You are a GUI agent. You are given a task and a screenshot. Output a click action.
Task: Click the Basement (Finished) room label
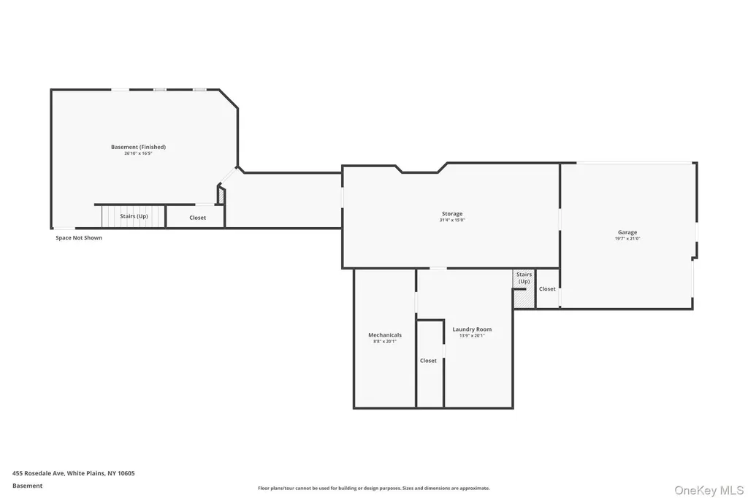(x=138, y=147)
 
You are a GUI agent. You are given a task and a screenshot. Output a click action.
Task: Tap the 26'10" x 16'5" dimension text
(x=138, y=153)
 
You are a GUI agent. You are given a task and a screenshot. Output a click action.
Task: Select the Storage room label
(x=452, y=214)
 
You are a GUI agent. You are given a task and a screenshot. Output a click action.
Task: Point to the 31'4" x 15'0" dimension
(x=452, y=220)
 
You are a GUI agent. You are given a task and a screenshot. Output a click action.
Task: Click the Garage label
(x=627, y=232)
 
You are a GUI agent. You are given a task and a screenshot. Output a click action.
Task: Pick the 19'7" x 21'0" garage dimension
(x=627, y=239)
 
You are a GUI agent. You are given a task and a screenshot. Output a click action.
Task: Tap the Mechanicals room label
(x=385, y=335)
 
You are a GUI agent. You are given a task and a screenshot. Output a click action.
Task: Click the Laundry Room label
(x=472, y=329)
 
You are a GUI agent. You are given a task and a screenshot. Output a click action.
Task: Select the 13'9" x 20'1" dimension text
(x=472, y=335)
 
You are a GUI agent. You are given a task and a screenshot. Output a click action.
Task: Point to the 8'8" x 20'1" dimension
(x=385, y=341)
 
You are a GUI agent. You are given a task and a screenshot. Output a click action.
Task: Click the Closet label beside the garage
(x=547, y=288)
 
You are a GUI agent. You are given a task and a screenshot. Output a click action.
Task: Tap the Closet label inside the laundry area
(x=428, y=361)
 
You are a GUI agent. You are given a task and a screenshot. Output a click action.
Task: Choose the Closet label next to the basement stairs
(x=197, y=218)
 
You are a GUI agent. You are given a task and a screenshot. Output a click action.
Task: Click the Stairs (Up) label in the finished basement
(x=134, y=216)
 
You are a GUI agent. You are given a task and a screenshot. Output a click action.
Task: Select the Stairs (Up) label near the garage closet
(x=524, y=277)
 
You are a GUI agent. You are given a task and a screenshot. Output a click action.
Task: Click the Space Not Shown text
(x=79, y=237)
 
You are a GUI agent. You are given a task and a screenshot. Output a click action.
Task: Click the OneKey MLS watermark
(x=709, y=491)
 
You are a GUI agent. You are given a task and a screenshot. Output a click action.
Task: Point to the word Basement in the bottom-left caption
(x=27, y=486)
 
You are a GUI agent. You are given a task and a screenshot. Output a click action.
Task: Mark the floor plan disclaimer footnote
(x=374, y=488)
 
